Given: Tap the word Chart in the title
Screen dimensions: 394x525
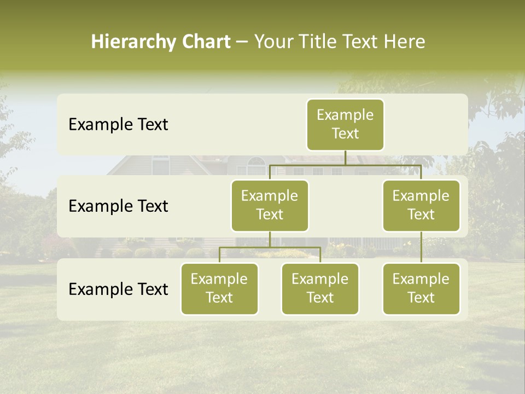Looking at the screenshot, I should pyautogui.click(x=206, y=42).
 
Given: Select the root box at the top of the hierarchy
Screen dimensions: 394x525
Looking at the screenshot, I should pyautogui.click(x=345, y=125).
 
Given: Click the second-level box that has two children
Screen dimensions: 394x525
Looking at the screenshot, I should pyautogui.click(x=270, y=206).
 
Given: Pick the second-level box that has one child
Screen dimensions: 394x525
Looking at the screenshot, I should pyautogui.click(x=421, y=206).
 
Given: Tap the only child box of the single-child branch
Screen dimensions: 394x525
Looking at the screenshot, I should pyautogui.click(x=421, y=289).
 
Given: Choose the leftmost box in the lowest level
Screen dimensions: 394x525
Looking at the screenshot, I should pyautogui.click(x=219, y=289).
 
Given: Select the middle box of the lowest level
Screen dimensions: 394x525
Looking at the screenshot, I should pyautogui.click(x=320, y=289).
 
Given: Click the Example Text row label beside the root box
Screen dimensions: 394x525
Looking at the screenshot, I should pyautogui.click(x=118, y=125).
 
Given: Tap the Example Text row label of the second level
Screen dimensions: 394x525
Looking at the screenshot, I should pyautogui.click(x=118, y=206).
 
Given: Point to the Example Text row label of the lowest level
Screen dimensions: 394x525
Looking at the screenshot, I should pyautogui.click(x=118, y=289).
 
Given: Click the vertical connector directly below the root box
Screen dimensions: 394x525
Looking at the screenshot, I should pyautogui.click(x=345, y=158).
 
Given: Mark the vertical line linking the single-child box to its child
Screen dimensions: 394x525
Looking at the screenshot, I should pyautogui.click(x=421, y=247).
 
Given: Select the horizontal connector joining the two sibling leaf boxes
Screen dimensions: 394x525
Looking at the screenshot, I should pyautogui.click(x=270, y=247).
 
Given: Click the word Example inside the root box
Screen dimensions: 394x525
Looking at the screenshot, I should pyautogui.click(x=345, y=115).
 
